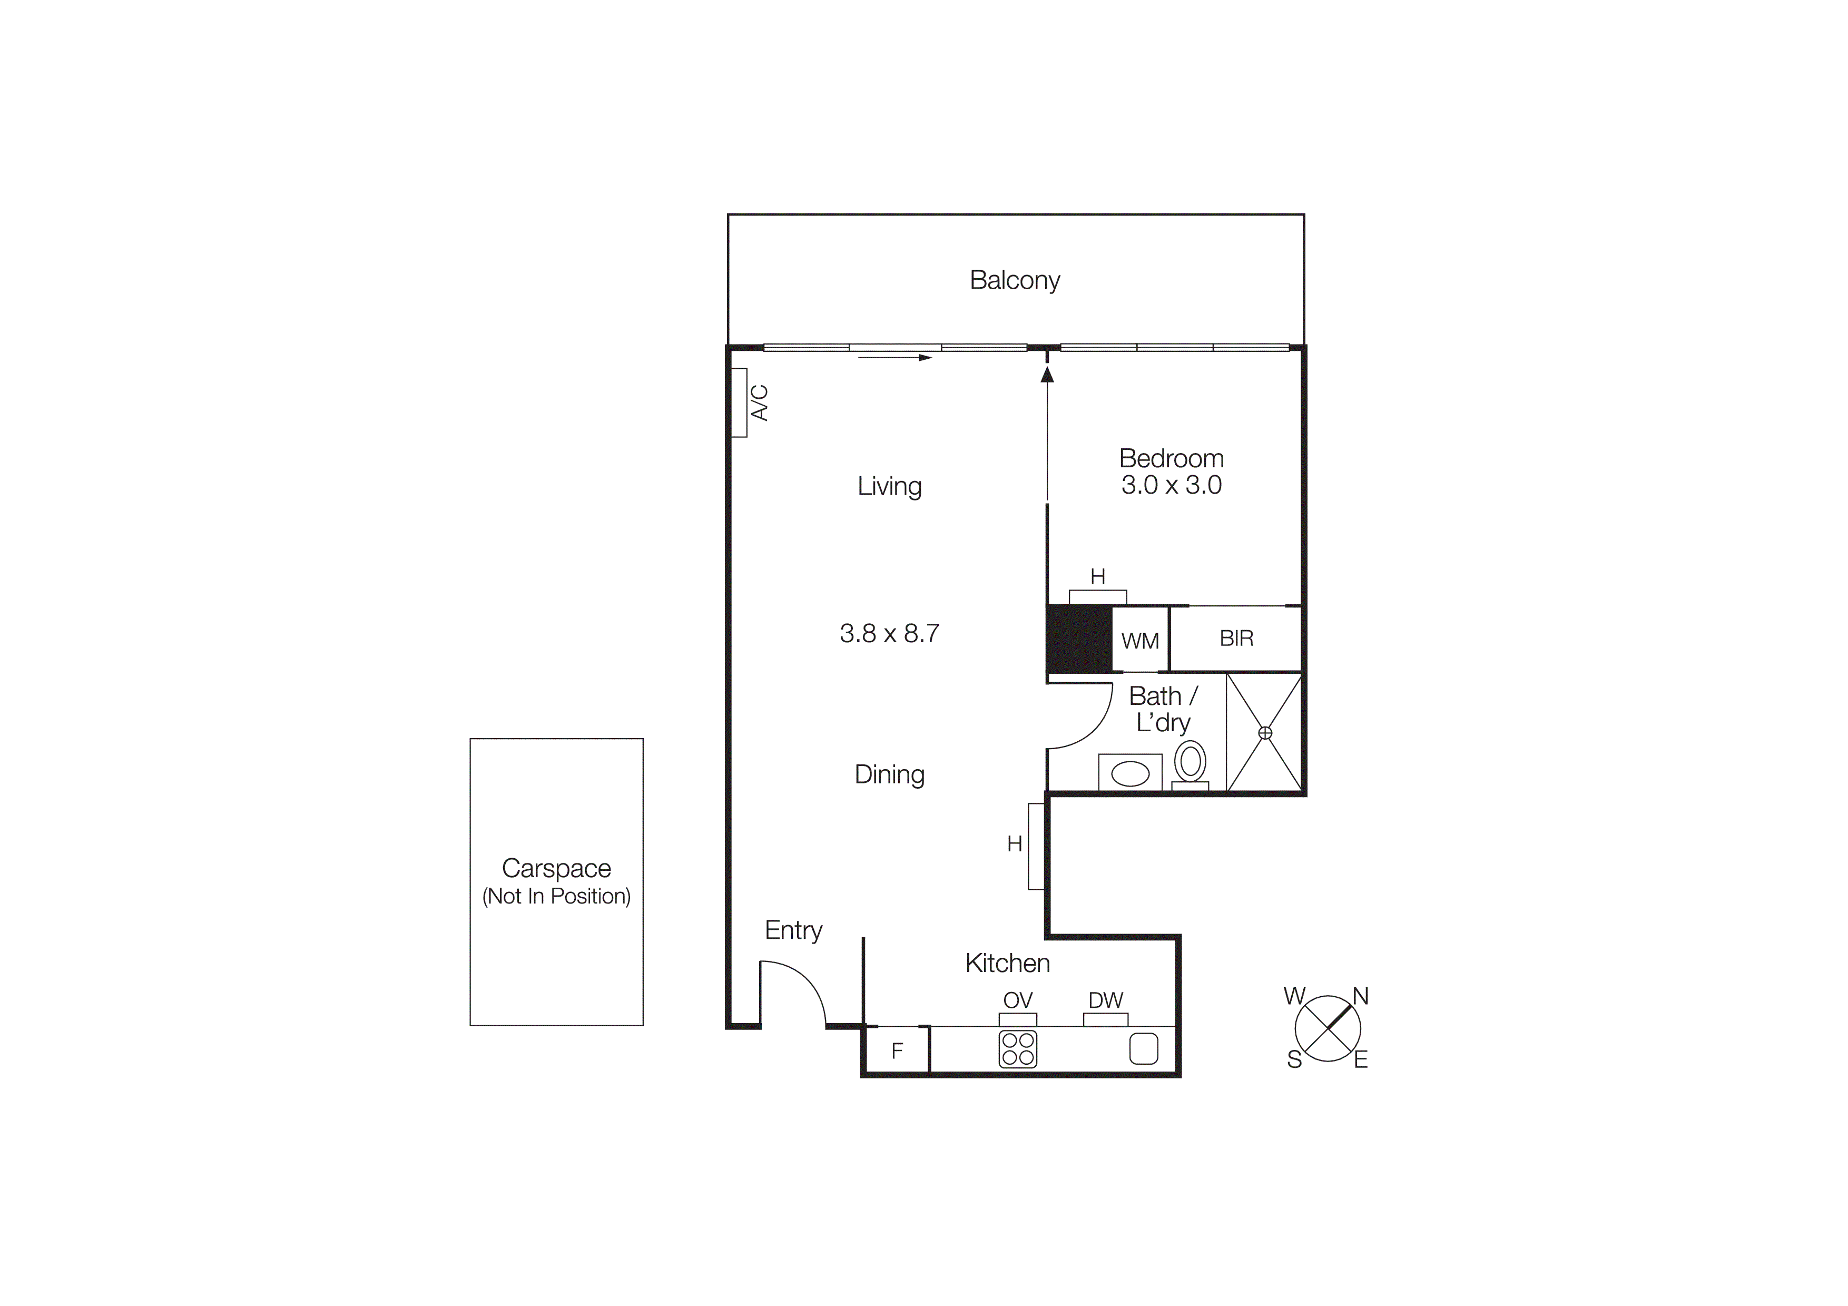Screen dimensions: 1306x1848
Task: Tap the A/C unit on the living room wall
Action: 739,402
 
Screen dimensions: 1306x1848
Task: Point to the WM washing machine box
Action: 1139,641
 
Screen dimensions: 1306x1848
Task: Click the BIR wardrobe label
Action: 1236,638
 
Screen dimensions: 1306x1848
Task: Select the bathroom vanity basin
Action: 1130,773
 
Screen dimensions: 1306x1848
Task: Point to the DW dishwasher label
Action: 1105,1000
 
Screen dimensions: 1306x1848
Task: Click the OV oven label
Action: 1017,1000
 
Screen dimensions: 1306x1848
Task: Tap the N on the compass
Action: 1360,996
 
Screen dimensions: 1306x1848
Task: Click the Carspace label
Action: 556,868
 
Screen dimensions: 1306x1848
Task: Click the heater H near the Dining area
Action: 1036,846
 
